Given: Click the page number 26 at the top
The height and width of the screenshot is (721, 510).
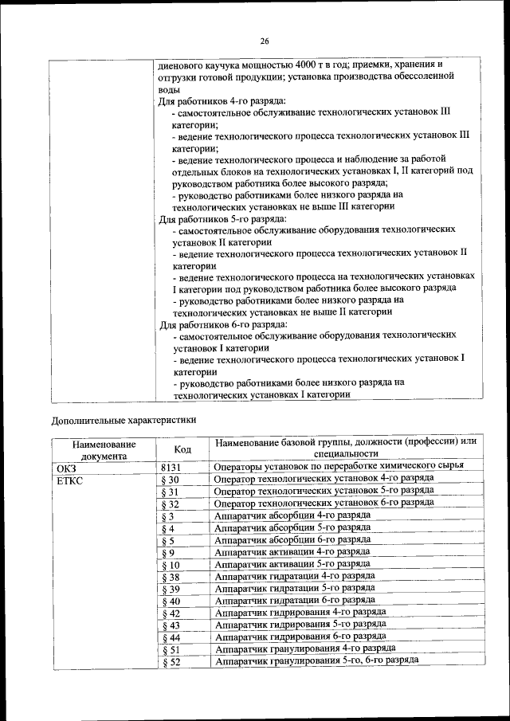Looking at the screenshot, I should point(265,41).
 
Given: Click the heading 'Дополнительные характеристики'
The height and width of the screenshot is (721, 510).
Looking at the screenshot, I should point(124,418).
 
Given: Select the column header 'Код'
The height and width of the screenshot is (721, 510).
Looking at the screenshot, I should point(182,450).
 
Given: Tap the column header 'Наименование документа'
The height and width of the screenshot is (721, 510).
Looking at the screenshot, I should point(104,451).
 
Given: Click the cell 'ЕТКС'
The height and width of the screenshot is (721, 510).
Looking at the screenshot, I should point(69,480).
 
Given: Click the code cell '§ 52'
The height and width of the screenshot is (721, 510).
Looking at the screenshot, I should point(171,662).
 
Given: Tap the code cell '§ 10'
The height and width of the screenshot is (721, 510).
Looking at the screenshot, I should point(171,565).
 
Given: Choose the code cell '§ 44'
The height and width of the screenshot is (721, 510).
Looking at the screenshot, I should point(171,638).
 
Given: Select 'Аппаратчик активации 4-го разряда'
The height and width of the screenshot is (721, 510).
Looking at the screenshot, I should point(292,551).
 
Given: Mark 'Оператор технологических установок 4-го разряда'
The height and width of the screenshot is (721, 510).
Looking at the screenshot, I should point(324,478).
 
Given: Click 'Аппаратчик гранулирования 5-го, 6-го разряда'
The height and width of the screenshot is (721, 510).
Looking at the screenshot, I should point(316,660).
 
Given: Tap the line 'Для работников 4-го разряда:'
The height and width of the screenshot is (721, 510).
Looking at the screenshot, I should point(222,101).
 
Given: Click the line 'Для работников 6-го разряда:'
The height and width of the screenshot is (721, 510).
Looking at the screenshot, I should point(222,324).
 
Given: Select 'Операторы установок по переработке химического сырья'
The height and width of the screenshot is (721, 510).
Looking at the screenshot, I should point(339,466).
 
